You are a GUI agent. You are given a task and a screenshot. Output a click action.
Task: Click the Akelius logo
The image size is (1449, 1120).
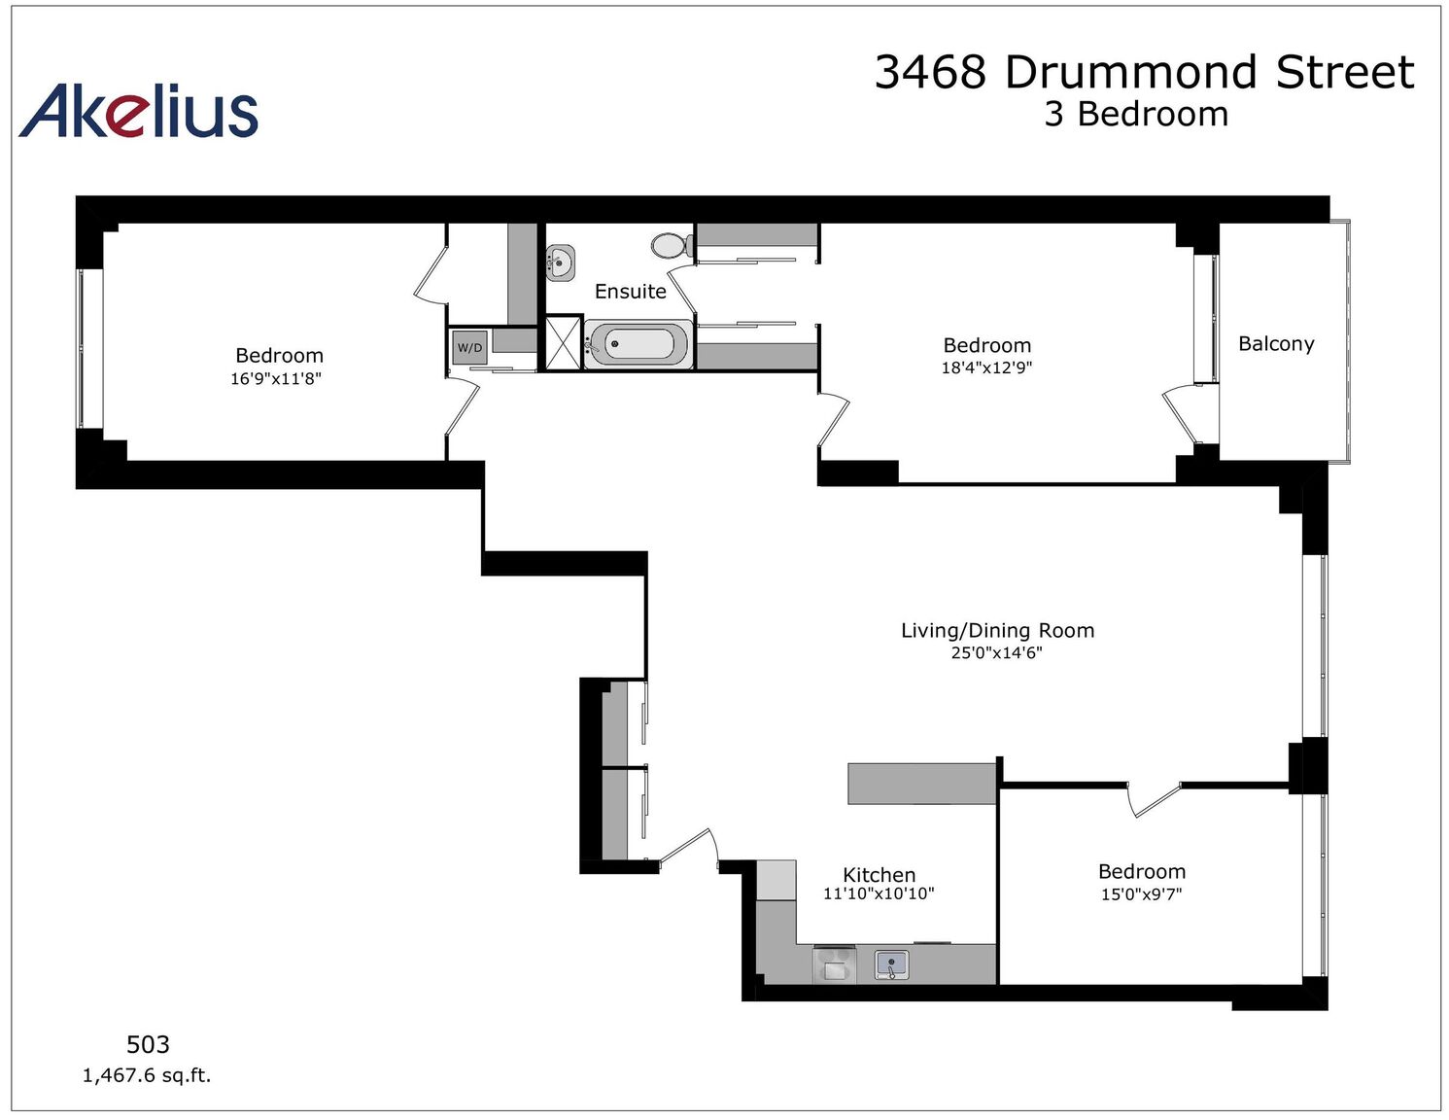coord(139,111)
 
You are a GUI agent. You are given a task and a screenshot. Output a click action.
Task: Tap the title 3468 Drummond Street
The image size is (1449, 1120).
coord(1144,72)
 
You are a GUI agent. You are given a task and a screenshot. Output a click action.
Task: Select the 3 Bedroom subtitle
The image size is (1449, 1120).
coord(1136,114)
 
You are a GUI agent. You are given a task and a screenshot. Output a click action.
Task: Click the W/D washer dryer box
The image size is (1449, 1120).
coord(469,347)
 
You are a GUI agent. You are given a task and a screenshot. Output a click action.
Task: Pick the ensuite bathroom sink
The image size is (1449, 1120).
coord(560,263)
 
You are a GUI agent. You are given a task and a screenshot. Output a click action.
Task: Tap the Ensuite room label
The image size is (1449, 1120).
coord(630,292)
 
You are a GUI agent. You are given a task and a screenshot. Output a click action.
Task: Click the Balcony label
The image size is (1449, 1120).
coord(1276,343)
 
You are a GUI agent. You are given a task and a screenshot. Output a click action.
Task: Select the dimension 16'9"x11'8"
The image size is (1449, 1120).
coord(276,379)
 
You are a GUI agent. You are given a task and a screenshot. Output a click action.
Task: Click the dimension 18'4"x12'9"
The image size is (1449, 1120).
coord(986,367)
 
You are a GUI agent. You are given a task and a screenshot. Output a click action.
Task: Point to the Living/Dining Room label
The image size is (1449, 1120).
coord(997,630)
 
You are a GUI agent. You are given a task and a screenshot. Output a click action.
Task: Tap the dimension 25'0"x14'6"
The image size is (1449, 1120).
coord(996,652)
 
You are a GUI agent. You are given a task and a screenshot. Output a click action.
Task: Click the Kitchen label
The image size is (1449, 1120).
coord(879,875)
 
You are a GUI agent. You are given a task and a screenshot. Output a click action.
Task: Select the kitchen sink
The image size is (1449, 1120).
coord(891,965)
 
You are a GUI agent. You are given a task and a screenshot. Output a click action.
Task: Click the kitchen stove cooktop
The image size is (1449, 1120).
coord(834,964)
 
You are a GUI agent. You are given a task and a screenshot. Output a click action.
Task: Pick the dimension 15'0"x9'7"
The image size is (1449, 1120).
coord(1141,893)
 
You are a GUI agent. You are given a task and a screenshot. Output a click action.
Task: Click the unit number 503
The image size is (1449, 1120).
coord(148,1044)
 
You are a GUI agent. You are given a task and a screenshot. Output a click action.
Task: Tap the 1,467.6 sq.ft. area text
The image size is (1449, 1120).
coord(147,1075)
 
